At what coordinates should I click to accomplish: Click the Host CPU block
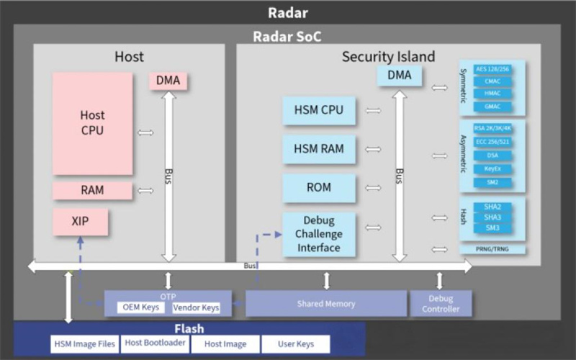click(92, 122)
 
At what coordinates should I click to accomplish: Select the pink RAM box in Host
click(92, 190)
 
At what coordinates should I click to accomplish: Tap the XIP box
click(80, 222)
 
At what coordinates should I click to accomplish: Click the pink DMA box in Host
click(168, 81)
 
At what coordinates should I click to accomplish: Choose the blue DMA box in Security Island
click(399, 76)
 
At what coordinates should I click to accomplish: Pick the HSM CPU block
click(319, 111)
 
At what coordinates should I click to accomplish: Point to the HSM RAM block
click(319, 149)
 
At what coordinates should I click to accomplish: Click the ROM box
click(319, 187)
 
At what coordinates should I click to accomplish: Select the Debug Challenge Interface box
click(319, 233)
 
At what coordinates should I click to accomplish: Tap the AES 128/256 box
click(492, 69)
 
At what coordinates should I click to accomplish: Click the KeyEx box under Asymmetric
click(492, 168)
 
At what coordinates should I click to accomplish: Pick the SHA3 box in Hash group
click(492, 217)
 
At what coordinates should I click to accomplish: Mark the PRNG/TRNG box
click(492, 249)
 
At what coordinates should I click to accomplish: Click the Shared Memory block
click(326, 303)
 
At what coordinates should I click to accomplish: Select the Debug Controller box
click(441, 303)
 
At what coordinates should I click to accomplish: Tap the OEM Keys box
click(142, 308)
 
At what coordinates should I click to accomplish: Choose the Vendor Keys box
click(196, 308)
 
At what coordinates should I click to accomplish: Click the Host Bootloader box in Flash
click(156, 343)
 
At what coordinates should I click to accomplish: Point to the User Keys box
click(296, 344)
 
